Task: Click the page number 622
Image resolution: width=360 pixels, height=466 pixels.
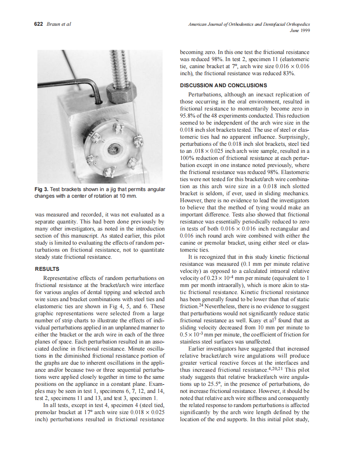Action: [x=38, y=24]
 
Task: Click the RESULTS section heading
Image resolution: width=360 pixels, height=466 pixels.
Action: [x=47, y=269]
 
